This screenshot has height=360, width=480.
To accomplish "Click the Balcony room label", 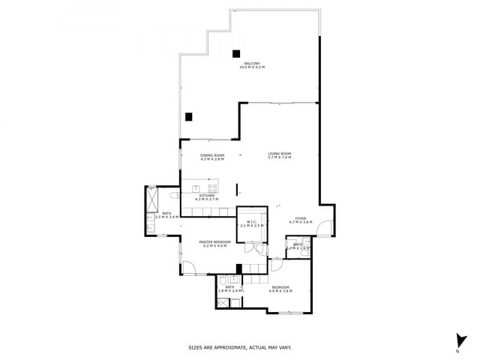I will [x=252, y=65].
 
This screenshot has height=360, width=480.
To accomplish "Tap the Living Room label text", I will [x=279, y=155].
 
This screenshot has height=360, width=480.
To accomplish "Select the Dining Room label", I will [x=212, y=157].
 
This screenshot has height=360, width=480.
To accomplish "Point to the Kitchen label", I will [x=206, y=197].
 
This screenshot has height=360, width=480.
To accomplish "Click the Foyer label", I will [x=300, y=220].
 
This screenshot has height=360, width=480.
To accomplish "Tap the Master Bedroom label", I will [x=214, y=244].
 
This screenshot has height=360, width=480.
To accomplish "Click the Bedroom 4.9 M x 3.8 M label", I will [x=280, y=288].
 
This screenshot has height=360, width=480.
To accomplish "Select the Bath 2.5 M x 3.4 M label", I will [x=166, y=215].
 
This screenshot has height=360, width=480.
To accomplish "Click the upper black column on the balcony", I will [x=236, y=53].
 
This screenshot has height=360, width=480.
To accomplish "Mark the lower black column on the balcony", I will [x=189, y=116].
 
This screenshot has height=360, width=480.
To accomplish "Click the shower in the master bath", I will [x=153, y=197].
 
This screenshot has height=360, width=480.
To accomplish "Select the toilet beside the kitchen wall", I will [x=173, y=195].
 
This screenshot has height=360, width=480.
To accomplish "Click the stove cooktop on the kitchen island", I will [x=212, y=187].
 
